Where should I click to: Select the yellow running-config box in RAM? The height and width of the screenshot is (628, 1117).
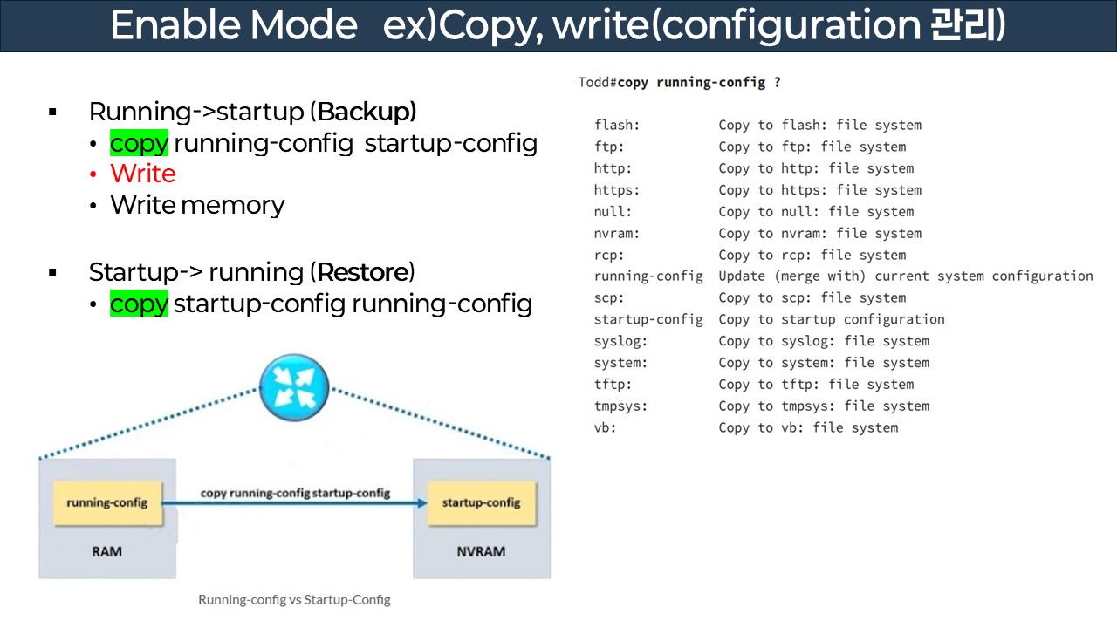tap(107, 502)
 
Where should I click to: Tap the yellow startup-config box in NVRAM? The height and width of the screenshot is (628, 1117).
tap(481, 502)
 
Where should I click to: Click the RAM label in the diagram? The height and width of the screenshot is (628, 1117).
tap(106, 551)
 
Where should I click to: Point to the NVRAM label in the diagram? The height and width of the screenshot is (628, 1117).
tap(481, 551)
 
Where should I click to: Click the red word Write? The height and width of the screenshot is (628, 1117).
tap(143, 174)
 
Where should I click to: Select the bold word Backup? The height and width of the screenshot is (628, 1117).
tap(367, 112)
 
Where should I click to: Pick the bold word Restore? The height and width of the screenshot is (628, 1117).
tap(362, 272)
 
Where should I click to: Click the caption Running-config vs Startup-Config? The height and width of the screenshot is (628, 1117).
tap(294, 599)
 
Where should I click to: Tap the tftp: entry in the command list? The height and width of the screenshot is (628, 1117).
tap(613, 385)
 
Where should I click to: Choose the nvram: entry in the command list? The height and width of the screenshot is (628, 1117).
tap(617, 233)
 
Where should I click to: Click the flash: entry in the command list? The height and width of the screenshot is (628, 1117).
tap(617, 125)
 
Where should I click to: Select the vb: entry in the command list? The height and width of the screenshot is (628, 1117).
tap(605, 427)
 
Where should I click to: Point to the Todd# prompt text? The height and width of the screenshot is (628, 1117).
tap(598, 83)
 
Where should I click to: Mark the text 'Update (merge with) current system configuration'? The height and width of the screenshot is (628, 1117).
tap(905, 276)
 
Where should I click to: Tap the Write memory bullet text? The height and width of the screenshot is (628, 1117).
tap(197, 205)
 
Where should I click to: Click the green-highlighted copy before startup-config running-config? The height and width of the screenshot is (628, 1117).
tap(139, 304)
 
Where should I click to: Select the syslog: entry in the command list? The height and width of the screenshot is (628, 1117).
tap(620, 341)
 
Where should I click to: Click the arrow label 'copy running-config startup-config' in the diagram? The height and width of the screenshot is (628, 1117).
tap(295, 493)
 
